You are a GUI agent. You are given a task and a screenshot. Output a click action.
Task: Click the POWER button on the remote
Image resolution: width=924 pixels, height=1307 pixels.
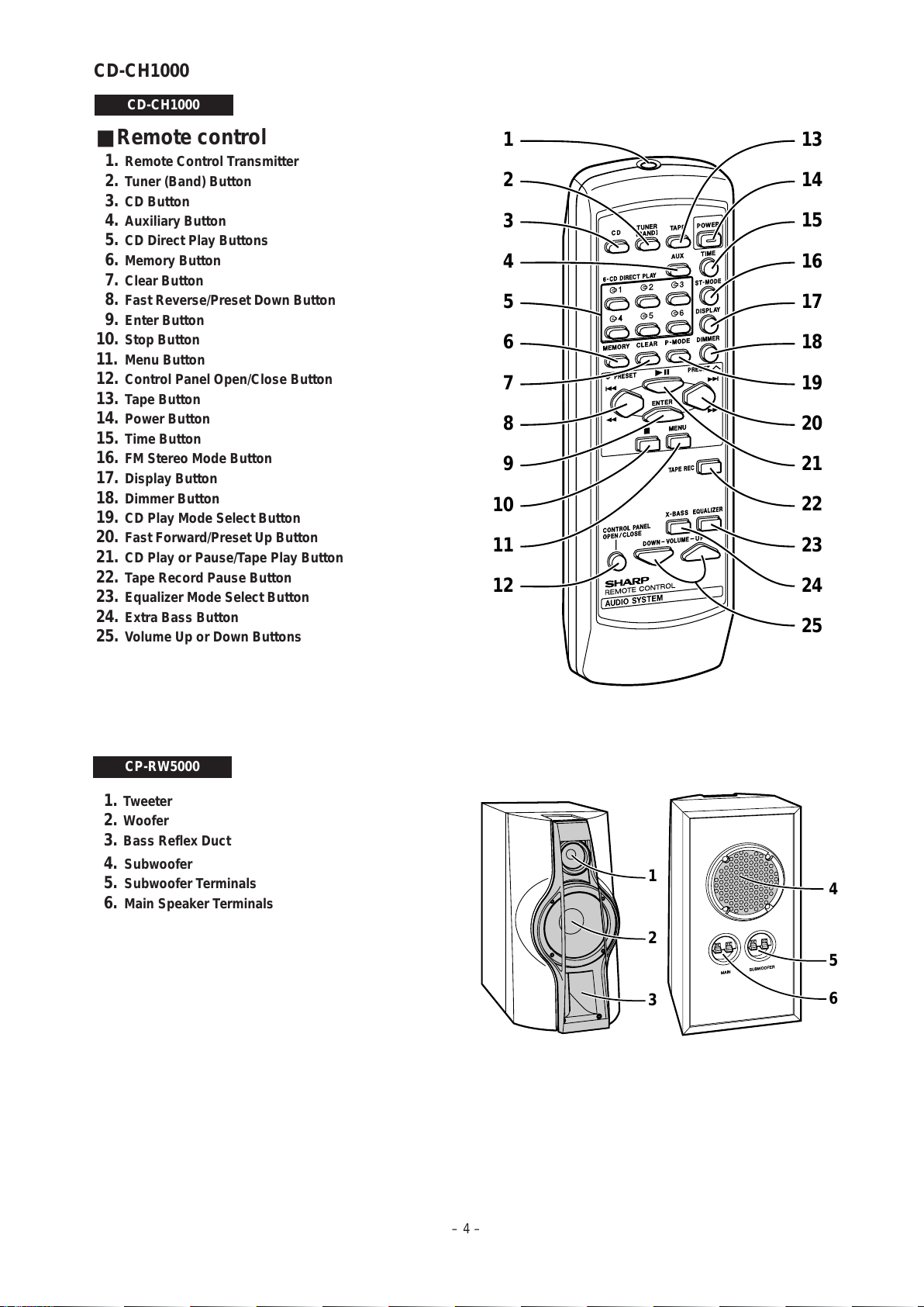click(x=709, y=238)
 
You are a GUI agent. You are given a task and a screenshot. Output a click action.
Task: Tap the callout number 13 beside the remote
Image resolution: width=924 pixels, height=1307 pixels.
click(x=812, y=140)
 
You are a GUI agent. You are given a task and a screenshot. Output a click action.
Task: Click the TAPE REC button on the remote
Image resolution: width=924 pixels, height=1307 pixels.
click(x=709, y=467)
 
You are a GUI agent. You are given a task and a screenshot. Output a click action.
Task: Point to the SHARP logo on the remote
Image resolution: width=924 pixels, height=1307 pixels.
click(x=626, y=582)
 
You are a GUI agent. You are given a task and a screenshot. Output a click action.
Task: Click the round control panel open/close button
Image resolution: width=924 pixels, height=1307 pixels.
click(x=616, y=561)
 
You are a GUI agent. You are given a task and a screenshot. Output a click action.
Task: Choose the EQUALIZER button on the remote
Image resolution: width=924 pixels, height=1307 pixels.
click(x=709, y=524)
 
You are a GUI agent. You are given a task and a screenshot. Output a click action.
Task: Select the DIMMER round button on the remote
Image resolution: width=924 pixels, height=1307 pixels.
click(x=708, y=353)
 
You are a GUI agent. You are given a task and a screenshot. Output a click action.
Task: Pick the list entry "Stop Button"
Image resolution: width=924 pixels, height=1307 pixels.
click(x=161, y=340)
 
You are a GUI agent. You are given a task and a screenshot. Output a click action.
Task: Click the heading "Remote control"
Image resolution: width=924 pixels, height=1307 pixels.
click(x=191, y=137)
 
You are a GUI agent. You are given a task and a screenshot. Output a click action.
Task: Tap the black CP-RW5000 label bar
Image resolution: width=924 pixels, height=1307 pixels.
click(x=162, y=766)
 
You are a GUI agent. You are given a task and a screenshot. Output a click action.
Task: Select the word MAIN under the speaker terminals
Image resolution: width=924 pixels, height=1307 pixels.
click(x=726, y=971)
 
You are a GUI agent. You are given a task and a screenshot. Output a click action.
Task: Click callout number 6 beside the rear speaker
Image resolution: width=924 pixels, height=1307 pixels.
click(x=833, y=998)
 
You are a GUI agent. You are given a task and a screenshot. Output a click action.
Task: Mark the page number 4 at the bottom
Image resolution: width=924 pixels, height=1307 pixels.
click(x=466, y=1229)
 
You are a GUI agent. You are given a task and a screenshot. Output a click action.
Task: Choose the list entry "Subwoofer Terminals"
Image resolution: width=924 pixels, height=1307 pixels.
click(x=190, y=883)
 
